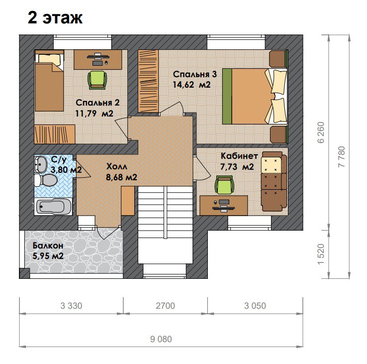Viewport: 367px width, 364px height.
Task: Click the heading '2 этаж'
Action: [55, 18]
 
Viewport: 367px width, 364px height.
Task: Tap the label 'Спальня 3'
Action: [195, 74]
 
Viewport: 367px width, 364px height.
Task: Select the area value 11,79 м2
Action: [94, 114]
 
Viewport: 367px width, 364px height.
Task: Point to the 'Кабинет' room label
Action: [239, 156]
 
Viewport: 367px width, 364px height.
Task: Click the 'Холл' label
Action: [117, 166]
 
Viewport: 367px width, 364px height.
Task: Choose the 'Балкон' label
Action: [48, 245]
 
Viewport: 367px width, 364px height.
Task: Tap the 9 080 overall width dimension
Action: [161, 339]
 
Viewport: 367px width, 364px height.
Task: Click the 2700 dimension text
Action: [165, 306]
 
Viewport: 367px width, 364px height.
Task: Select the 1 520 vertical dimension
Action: [321, 254]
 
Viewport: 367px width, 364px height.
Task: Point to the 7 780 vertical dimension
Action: [342, 156]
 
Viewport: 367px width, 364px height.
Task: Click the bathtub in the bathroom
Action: [54, 207]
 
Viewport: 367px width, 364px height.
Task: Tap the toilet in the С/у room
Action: [46, 180]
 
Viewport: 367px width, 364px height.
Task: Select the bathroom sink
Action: [41, 164]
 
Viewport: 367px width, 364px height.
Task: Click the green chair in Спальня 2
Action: [97, 80]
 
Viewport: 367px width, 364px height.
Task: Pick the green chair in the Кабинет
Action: [224, 185]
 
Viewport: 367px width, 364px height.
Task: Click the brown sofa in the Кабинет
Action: [274, 181]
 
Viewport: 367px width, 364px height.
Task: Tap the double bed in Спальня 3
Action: [255, 96]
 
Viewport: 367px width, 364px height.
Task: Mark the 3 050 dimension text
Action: [255, 306]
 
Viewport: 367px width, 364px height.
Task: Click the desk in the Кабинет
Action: [223, 205]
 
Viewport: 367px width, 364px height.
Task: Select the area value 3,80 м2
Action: [66, 170]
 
